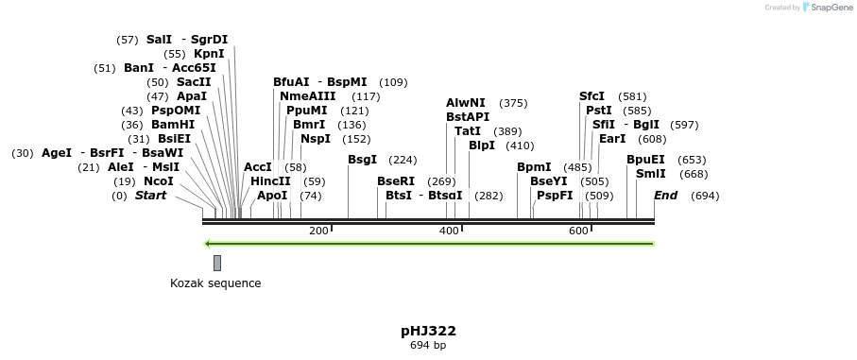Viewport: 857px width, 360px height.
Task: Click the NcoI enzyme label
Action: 158,181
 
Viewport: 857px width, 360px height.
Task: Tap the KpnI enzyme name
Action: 209,54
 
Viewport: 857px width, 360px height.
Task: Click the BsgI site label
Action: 362,160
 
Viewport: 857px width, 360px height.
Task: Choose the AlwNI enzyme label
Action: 466,103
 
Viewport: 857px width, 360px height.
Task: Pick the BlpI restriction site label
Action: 482,146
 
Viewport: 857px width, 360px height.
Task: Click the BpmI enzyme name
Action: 534,167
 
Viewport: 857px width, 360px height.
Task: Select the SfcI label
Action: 591,96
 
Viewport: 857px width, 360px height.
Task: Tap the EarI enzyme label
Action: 612,139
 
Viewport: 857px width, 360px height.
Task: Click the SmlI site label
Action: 650,174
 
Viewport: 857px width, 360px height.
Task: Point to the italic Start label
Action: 150,196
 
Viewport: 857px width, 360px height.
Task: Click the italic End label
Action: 665,196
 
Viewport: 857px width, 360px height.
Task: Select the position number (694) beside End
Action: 705,196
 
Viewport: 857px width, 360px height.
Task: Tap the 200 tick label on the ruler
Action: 318,231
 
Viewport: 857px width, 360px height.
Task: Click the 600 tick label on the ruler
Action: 578,231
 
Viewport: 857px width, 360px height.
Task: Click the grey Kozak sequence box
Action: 217,263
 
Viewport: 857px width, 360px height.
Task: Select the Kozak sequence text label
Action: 215,283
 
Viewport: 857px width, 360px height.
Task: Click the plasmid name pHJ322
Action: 428,331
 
